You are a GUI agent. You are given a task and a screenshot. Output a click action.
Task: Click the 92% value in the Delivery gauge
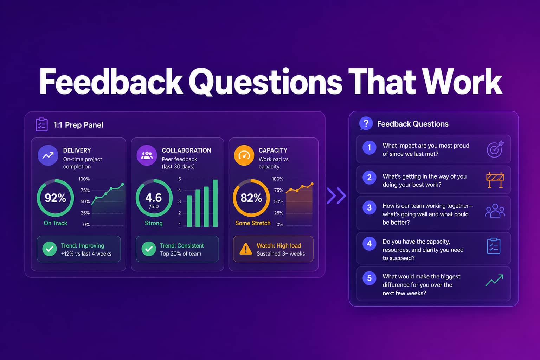55,198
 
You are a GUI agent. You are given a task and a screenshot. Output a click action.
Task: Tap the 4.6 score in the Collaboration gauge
154,198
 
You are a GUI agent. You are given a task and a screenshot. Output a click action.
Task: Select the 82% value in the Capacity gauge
251,198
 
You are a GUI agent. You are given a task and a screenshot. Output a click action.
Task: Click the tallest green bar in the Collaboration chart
215,203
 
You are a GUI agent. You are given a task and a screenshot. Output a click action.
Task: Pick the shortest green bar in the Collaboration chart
189,211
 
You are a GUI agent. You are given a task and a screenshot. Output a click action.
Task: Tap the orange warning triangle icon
246,249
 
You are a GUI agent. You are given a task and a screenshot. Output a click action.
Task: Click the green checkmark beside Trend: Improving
50,249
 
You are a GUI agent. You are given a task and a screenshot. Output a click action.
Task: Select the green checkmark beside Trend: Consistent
149,249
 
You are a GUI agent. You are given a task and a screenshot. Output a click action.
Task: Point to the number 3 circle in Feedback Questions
369,208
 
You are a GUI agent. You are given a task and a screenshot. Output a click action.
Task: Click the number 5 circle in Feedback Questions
369,278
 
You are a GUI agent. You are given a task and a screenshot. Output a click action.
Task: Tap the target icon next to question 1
495,149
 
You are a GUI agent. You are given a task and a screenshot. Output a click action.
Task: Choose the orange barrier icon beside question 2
495,180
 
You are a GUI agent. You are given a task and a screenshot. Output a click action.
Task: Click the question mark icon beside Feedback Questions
366,123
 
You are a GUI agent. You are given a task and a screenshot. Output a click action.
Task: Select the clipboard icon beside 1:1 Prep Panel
41,125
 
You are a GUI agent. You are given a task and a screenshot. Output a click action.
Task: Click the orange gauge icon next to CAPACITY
244,155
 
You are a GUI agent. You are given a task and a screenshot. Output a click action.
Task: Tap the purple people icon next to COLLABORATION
147,155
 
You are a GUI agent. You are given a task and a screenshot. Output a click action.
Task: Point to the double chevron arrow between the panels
336,195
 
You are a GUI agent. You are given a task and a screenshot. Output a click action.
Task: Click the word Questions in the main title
265,82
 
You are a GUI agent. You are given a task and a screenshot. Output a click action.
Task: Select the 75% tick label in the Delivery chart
85,190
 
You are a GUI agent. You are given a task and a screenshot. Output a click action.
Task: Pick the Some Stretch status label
253,223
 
